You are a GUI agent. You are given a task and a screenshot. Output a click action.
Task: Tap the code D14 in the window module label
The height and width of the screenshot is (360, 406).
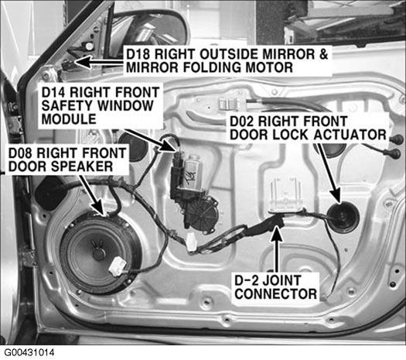(54, 92)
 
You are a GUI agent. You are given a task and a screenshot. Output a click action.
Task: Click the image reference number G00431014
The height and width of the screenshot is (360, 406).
(29, 353)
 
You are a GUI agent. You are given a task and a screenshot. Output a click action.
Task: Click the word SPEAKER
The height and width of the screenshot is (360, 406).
(82, 166)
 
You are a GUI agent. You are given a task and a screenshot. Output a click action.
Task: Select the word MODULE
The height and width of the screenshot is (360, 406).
(69, 119)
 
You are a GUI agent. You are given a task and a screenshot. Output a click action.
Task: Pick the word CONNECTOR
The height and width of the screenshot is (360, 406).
(276, 294)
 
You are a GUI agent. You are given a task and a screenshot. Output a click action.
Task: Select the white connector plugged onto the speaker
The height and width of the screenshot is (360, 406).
(118, 266)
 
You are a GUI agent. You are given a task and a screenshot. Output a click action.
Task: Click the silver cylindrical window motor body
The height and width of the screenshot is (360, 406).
(193, 172)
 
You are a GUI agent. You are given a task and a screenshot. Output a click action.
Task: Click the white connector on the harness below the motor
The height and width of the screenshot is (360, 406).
(191, 242)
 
